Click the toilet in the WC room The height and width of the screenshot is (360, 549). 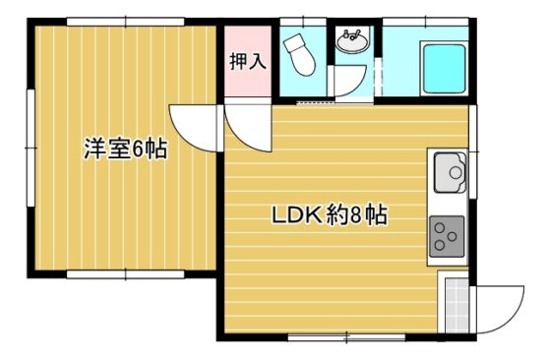tap(300, 54)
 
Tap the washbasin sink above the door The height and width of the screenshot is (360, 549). tap(352, 41)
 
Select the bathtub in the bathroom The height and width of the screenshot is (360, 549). tap(445, 69)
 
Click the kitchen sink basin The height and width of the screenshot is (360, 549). tap(451, 172)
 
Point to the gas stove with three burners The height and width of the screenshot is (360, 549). tap(447, 236)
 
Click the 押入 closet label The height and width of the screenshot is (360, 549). tap(248, 62)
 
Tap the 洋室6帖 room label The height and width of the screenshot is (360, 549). tap(125, 150)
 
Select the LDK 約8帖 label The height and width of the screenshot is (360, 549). tap(330, 215)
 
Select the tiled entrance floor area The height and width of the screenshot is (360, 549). tap(457, 305)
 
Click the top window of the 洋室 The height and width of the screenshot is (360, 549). tap(125, 22)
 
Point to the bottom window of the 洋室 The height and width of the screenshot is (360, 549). tap(125, 274)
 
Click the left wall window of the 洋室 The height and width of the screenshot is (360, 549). tap(30, 149)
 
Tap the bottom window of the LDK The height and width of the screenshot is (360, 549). tap(346, 337)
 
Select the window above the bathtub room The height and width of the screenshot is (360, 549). tap(425, 22)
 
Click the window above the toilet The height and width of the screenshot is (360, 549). tap(303, 22)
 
